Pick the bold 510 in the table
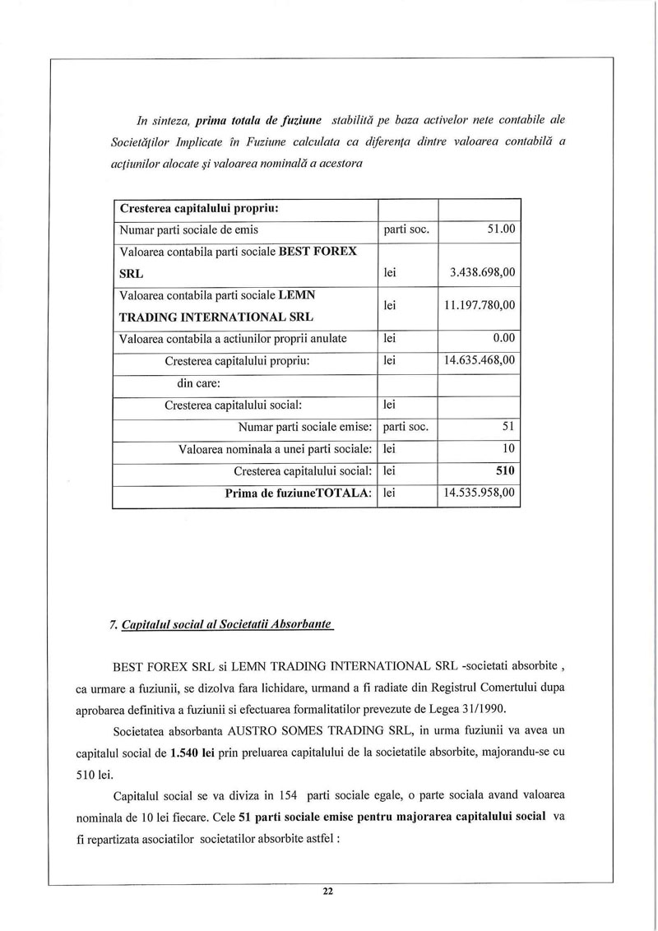click(505, 471)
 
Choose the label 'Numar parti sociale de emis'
click(189, 229)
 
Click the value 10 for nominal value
click(507, 449)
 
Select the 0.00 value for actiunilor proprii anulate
click(501, 338)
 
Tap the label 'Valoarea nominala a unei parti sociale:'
click(276, 449)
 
